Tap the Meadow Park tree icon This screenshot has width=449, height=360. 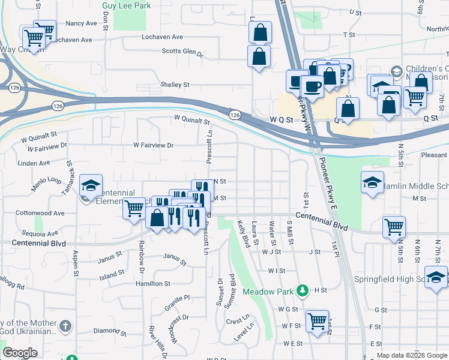tap(303, 292)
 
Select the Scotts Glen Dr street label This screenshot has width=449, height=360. tap(183, 52)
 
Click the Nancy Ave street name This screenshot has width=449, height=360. tap(81, 23)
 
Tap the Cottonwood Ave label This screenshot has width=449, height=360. tap(40, 213)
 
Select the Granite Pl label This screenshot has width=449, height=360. tap(177, 297)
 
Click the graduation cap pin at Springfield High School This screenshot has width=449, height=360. tap(436, 278)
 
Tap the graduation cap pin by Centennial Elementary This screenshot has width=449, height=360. tap(91, 185)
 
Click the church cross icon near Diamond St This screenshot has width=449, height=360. tap(66, 327)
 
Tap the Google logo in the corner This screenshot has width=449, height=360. tap(20, 353)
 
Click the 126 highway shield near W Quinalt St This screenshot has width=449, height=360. tap(234, 114)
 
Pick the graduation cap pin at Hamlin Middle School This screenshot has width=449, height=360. tap(372, 182)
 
